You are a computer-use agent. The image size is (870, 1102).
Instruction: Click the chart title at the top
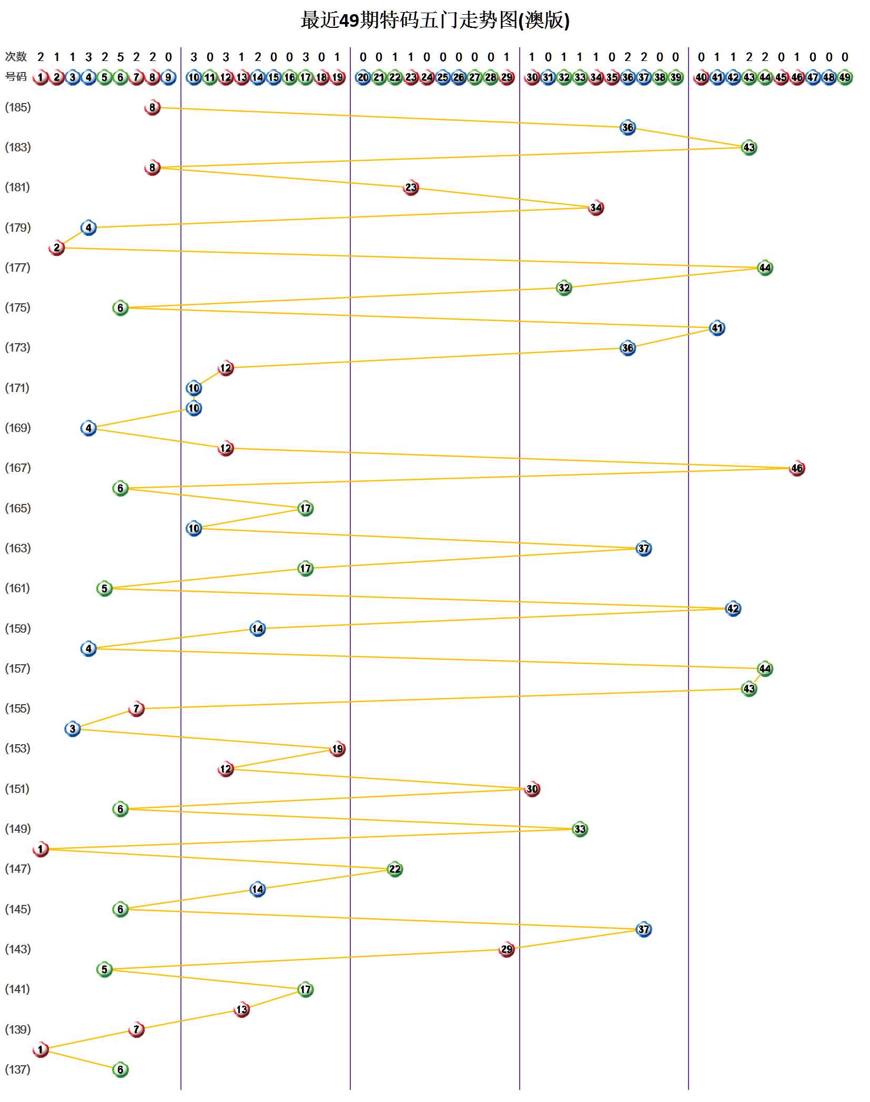click(x=435, y=20)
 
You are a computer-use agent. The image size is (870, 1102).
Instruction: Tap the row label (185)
click(x=18, y=107)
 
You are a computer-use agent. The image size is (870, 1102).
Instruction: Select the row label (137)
click(x=18, y=1069)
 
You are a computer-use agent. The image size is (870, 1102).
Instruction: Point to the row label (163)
click(x=18, y=548)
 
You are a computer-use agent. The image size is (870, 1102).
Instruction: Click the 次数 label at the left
click(x=16, y=56)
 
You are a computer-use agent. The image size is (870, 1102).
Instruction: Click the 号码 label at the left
click(x=16, y=77)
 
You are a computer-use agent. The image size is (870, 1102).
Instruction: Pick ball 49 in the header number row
click(x=844, y=77)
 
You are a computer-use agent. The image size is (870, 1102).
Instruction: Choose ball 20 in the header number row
click(x=363, y=77)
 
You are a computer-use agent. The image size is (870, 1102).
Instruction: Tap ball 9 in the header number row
click(x=168, y=77)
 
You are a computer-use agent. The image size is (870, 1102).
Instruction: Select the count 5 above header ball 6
click(x=120, y=57)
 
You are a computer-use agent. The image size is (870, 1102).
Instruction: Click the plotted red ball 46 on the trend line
click(x=796, y=468)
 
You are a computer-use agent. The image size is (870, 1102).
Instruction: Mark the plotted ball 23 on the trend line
click(x=411, y=188)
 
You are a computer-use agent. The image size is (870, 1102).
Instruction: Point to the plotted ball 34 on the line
click(x=595, y=208)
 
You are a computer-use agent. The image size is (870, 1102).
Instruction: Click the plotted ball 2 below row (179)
click(x=57, y=248)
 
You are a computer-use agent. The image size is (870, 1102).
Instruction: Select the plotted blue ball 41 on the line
click(x=717, y=328)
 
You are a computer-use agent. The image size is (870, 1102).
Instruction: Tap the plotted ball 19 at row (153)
click(x=337, y=749)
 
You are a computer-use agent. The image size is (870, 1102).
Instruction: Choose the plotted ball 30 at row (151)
click(x=532, y=789)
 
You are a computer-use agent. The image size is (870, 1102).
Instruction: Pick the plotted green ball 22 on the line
click(x=394, y=869)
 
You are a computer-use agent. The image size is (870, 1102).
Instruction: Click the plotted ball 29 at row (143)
click(x=506, y=949)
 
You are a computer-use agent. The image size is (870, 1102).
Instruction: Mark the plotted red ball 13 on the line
click(x=241, y=1009)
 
